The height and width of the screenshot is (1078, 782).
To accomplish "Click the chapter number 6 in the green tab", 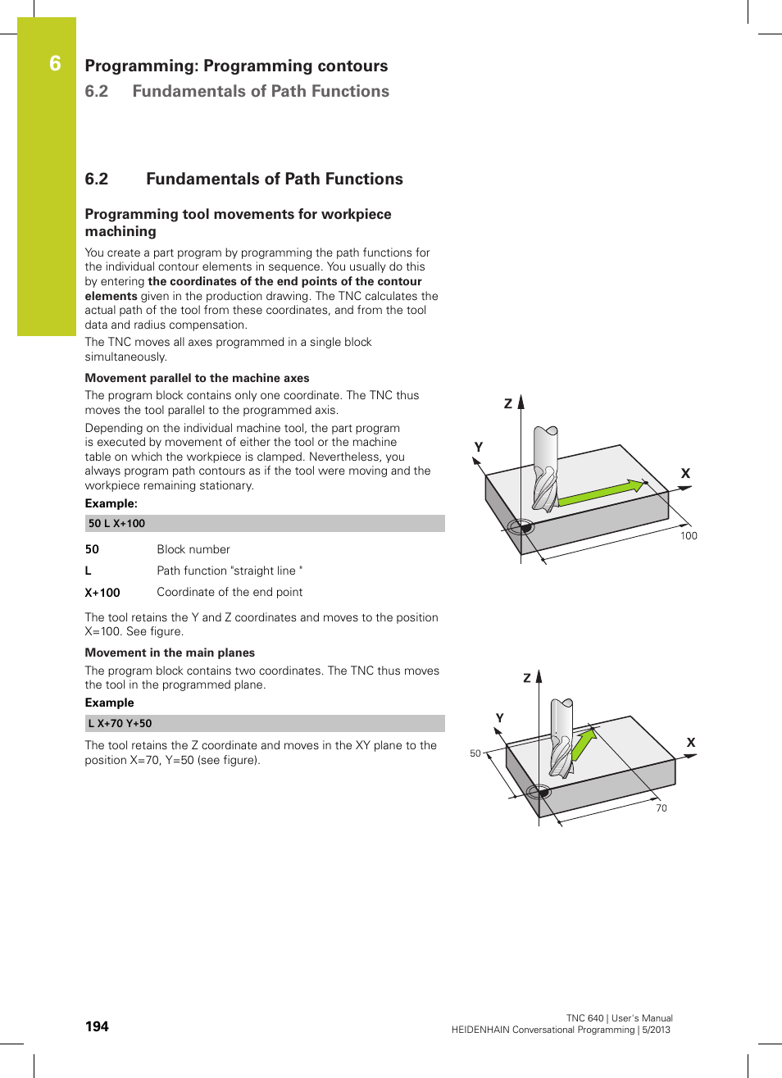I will pos(55,64).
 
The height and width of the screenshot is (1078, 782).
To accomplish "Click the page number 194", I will pos(97,1026).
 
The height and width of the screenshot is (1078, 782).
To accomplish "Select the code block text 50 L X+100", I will pos(116,524).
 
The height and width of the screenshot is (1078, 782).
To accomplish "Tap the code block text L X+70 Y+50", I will pos(120,724).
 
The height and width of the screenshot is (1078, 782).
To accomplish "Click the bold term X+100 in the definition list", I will pos(102,593).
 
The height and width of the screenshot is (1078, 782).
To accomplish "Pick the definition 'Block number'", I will pos(193,550).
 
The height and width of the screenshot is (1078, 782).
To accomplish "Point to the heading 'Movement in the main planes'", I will pos(170,653).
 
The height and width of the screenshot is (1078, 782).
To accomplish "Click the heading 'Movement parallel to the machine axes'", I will pos(197,379).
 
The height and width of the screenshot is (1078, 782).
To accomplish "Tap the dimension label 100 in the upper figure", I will pos(689,536).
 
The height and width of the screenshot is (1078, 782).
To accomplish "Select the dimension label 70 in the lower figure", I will pos(662,808).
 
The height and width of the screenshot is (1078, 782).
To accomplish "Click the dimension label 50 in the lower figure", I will pos(475,753).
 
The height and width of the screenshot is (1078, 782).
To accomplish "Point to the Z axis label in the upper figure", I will pos(508,403).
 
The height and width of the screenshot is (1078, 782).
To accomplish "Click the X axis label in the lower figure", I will pos(691,743).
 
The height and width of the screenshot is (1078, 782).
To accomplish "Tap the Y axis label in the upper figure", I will pos(479,448).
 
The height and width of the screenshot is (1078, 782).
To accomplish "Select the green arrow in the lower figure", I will pos(583,744).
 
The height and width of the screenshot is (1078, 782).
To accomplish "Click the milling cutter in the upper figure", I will pos(545,467).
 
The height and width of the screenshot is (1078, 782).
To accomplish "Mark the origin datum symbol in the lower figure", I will pos(538,792).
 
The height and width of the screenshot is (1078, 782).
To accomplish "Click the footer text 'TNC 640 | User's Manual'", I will pos(619,1018).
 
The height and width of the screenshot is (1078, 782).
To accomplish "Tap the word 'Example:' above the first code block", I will pos(111,504).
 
